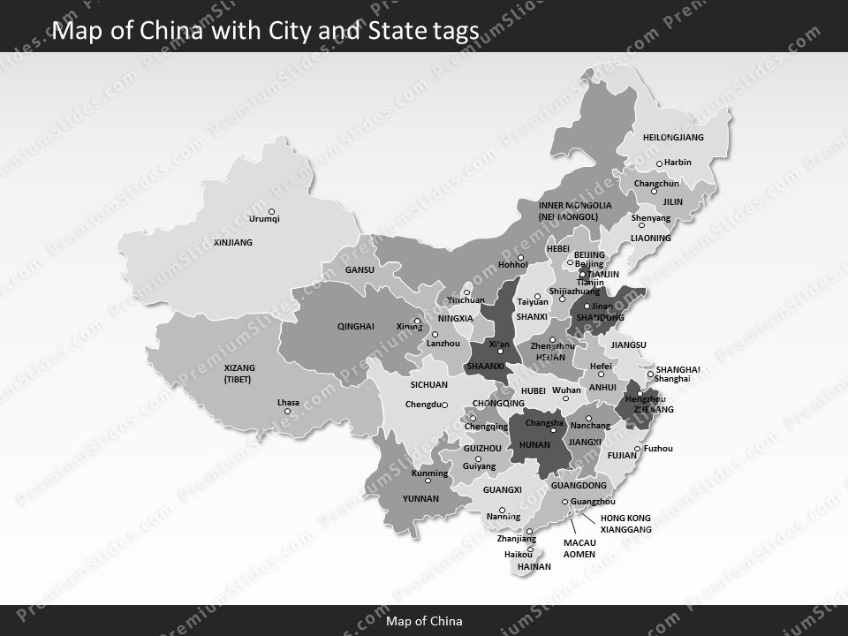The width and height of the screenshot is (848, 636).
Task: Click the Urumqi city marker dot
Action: pyautogui.click(x=271, y=211)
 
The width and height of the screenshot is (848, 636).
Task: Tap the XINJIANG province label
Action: pyautogui.click(x=233, y=242)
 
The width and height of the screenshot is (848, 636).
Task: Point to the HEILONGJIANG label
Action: pyautogui.click(x=673, y=138)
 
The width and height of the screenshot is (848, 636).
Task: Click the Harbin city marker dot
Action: pyautogui.click(x=659, y=163)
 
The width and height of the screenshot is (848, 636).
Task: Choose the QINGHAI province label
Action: pyautogui.click(x=355, y=327)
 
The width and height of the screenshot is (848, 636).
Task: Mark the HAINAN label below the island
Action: pyautogui.click(x=534, y=566)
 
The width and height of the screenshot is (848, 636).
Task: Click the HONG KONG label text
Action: pyautogui.click(x=625, y=518)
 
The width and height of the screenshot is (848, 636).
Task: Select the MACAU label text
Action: pyautogui.click(x=579, y=542)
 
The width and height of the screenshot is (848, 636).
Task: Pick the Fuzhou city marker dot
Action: pyautogui.click(x=638, y=449)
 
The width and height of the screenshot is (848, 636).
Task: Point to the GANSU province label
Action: pyautogui.click(x=360, y=270)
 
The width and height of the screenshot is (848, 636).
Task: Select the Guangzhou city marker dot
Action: pyautogui.click(x=565, y=502)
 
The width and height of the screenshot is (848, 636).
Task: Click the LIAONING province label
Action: pyautogui.click(x=651, y=238)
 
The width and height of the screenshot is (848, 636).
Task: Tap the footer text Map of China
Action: pyautogui.click(x=424, y=621)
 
